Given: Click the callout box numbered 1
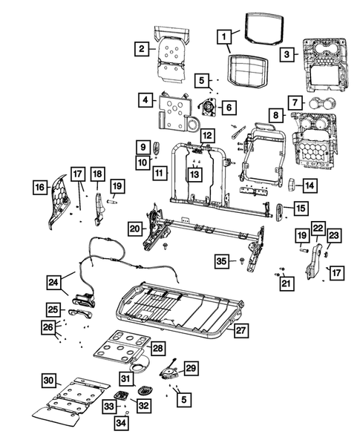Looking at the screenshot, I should (x=223, y=35).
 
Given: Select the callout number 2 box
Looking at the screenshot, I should (x=140, y=49).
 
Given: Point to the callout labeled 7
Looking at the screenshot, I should (x=295, y=102).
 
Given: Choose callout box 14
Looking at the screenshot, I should (x=309, y=185).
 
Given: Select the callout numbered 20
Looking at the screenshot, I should (x=134, y=229).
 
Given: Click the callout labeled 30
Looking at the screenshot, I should (x=48, y=381).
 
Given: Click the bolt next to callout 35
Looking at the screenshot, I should (x=242, y=260).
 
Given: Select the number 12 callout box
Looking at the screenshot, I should (x=206, y=136).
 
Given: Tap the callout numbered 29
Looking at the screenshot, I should (x=191, y=369).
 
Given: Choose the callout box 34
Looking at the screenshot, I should (x=120, y=423).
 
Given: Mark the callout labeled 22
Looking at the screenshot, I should (x=318, y=229).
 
